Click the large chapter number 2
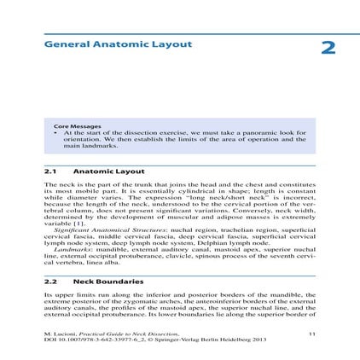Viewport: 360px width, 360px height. coord(328,48)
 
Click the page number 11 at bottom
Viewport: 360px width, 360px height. coord(311,334)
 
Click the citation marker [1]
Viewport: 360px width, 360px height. coord(73,226)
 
